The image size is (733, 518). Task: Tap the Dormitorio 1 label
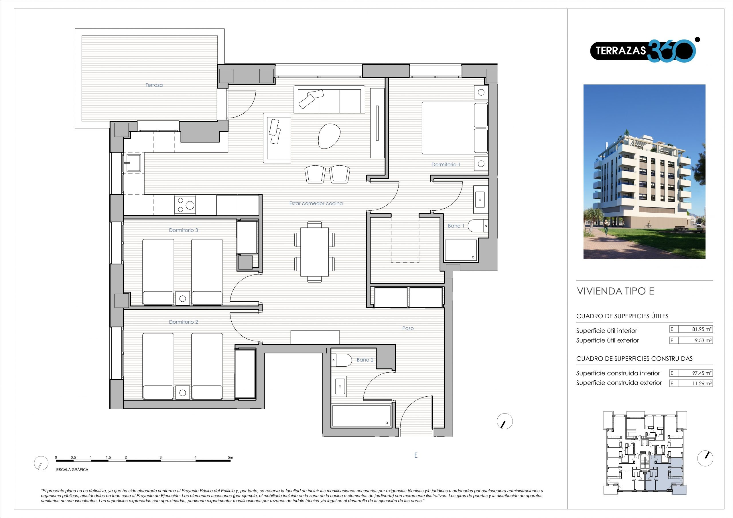pyautogui.click(x=446, y=164)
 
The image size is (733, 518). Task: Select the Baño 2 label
pyautogui.click(x=365, y=360)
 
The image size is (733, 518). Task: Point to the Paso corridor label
pyautogui.click(x=408, y=328)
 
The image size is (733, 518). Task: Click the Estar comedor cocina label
pyautogui.click(x=316, y=203)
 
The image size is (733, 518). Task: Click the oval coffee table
pyautogui.click(x=330, y=136)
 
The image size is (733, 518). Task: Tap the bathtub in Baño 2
pyautogui.click(x=361, y=416)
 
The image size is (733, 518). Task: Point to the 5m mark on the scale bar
pyautogui.click(x=230, y=457)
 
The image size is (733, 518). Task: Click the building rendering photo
pyautogui.click(x=645, y=171)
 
